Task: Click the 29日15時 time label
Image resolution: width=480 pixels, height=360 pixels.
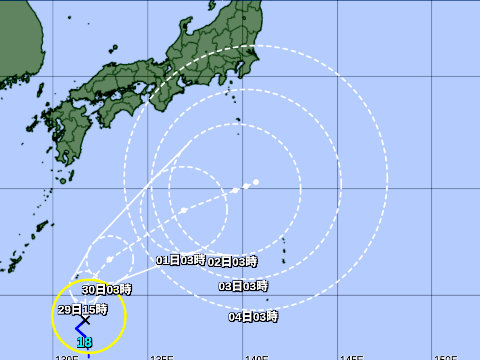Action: (x=78, y=309)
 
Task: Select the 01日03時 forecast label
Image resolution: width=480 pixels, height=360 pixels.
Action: (x=181, y=260)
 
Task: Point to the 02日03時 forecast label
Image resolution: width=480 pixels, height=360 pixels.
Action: (x=232, y=261)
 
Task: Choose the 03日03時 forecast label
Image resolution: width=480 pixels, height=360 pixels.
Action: (x=243, y=286)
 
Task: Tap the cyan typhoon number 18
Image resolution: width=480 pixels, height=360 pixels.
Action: (x=85, y=343)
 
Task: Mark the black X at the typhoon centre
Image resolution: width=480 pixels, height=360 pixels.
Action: (x=84, y=320)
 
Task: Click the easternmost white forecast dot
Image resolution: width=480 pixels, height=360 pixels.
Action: (x=257, y=182)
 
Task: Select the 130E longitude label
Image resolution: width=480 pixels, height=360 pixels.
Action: (x=66, y=356)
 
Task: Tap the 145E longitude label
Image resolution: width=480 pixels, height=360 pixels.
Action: (x=351, y=356)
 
